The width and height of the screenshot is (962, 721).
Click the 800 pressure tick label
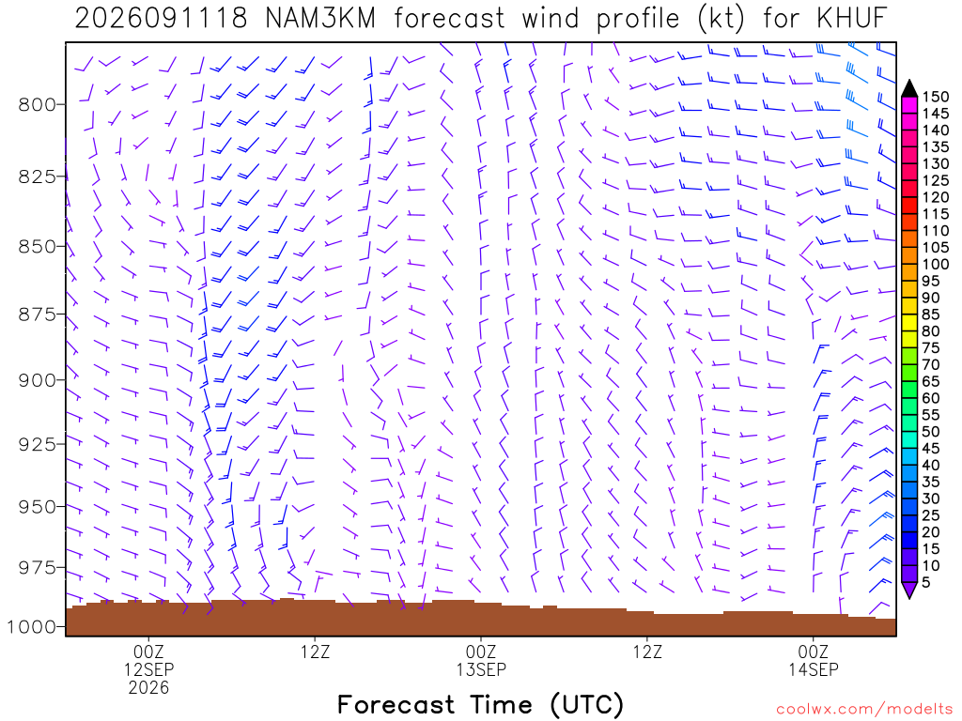pos(37,105)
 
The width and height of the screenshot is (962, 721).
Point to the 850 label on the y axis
pos(37,247)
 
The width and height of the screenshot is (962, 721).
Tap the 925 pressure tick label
pos(37,444)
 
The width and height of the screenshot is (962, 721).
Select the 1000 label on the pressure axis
pos(31,627)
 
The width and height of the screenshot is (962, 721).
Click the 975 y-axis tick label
pos(37,568)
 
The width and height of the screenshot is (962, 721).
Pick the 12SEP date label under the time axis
pos(149,668)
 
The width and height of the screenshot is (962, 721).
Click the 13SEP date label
pos(481,668)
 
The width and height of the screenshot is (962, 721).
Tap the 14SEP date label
pos(814,668)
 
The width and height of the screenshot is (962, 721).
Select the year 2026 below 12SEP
pos(149,687)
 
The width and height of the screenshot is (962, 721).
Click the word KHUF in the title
pos(852,19)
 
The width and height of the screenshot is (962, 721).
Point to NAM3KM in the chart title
pos(320,19)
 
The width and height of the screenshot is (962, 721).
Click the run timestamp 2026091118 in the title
pos(161,19)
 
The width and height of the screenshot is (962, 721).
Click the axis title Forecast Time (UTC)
pos(480,705)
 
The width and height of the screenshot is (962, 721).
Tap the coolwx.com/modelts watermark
pos(864,710)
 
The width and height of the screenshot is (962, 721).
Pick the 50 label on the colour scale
pos(931,432)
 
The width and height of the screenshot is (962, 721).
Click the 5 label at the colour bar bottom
pos(925,582)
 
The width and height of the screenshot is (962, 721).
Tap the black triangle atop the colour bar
pos(909,89)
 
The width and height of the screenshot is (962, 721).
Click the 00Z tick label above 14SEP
pos(814,652)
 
